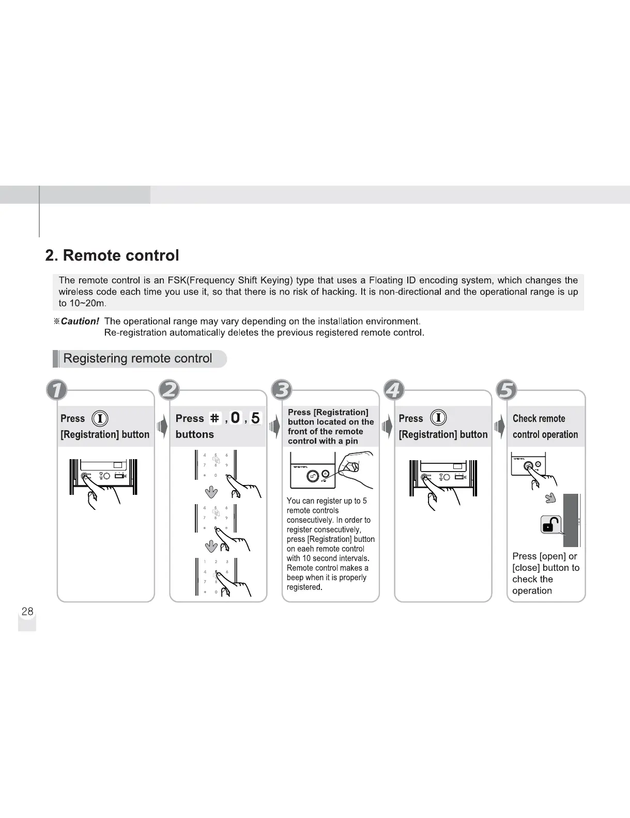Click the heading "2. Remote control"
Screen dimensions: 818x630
coord(112,255)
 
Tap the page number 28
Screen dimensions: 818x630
coord(27,611)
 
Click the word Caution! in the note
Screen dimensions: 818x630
coord(80,321)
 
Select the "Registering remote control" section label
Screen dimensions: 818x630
coord(137,358)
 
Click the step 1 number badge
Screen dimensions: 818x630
coord(57,390)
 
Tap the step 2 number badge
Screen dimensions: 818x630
coord(170,390)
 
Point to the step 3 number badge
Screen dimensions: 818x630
coord(282,390)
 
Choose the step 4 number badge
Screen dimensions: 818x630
coord(394,390)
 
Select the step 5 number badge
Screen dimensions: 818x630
coord(506,390)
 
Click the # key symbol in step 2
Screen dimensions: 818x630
coord(214,418)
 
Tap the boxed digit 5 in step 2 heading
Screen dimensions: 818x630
coord(255,418)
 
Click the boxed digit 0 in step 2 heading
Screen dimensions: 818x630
coord(235,418)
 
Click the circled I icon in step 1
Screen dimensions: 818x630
coord(100,418)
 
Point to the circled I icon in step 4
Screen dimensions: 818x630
coord(438,418)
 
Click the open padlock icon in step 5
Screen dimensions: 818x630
coord(551,525)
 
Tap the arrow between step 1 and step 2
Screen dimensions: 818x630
coord(162,427)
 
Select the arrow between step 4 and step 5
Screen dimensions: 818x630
coord(499,427)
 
